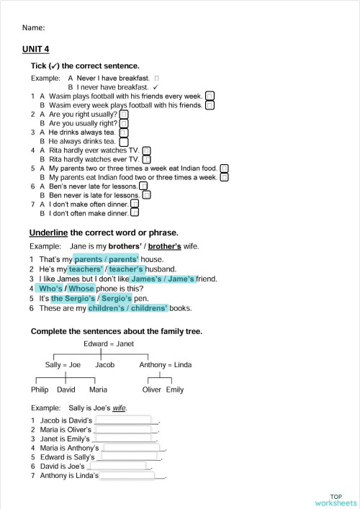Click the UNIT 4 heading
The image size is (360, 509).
[36, 49]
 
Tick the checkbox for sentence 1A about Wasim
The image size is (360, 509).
[210, 96]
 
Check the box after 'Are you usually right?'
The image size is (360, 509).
[123, 123]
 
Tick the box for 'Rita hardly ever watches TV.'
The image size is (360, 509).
[147, 150]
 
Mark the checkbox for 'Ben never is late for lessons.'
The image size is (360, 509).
[146, 195]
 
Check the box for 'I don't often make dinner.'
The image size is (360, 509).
[135, 213]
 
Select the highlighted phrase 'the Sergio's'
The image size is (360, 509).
[73, 298]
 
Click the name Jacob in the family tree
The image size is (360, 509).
[104, 365]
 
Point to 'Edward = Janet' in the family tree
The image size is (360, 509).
[108, 343]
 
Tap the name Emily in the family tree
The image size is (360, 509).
[175, 390]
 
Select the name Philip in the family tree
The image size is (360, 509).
[40, 390]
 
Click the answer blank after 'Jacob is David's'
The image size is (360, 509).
[123, 420]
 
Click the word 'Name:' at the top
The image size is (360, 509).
[34, 28]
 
